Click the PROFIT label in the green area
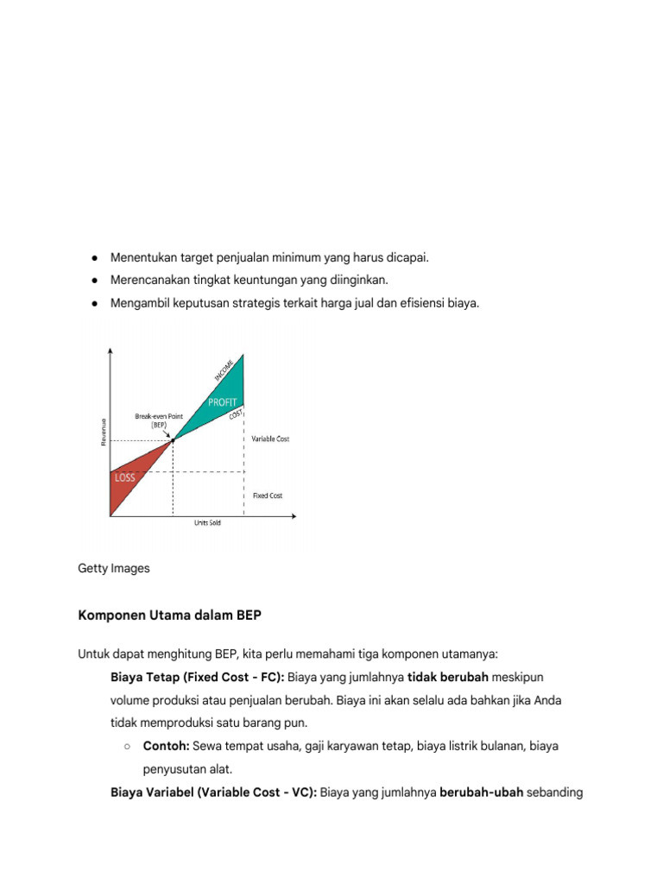click(x=222, y=402)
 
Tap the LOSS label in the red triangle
click(x=126, y=477)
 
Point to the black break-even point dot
click(x=174, y=439)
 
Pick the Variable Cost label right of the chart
click(x=270, y=439)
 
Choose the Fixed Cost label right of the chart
click(x=268, y=496)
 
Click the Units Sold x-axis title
click(x=206, y=523)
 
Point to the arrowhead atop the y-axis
click(x=110, y=350)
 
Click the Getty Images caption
click(x=114, y=568)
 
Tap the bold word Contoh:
click(x=166, y=745)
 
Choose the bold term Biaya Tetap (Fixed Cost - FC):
click(x=199, y=676)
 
